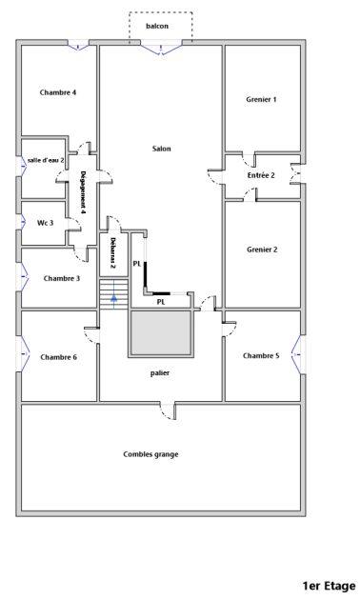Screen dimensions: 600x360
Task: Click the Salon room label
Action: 161,149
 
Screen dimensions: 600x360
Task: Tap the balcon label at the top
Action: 157,26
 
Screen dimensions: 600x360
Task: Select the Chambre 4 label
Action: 58,92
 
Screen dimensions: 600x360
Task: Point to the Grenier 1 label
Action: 261,99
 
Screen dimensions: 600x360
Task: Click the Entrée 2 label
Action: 261,175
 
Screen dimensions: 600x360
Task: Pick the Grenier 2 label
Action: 261,250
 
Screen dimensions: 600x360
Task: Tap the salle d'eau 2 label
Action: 46,160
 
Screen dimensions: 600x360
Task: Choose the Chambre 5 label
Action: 261,355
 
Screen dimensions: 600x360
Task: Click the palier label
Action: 160,373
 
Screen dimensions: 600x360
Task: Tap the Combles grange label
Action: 150,454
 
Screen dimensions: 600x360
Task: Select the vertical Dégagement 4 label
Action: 84,191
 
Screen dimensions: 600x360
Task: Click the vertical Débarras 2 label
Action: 112,253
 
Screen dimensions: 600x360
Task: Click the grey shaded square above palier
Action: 161,334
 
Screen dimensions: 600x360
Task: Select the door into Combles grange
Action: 168,410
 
